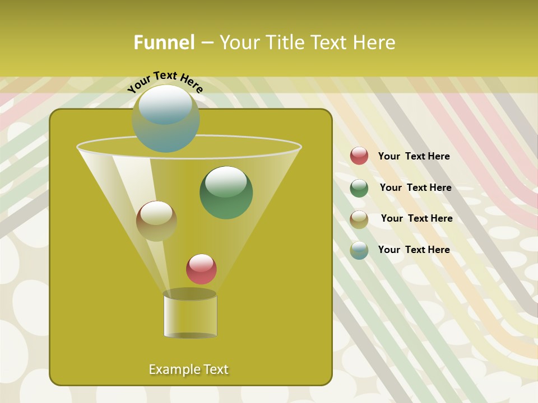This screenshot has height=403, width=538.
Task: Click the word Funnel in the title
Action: pos(164,43)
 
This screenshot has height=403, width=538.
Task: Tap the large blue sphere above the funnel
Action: pos(165,118)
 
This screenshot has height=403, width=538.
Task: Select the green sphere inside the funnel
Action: pos(226,193)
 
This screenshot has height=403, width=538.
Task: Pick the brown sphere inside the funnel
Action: pos(156,221)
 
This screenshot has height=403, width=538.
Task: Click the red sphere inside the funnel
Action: pos(201,269)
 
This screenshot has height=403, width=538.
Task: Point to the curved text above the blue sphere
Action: pos(165,82)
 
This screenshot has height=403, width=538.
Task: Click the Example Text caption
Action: pos(188,369)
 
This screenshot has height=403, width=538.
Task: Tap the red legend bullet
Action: pos(359,156)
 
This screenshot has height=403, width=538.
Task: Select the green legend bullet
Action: pos(359,188)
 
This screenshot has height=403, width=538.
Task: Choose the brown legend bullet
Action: pos(359,219)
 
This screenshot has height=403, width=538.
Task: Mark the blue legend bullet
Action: pos(359,250)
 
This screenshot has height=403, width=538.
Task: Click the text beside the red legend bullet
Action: pos(414,156)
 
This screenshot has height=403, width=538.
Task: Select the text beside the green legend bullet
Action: pos(415,188)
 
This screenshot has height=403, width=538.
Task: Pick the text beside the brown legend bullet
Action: pos(416,218)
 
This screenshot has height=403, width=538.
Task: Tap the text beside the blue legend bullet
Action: pos(414,250)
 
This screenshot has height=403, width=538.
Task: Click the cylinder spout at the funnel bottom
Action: pos(190,316)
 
